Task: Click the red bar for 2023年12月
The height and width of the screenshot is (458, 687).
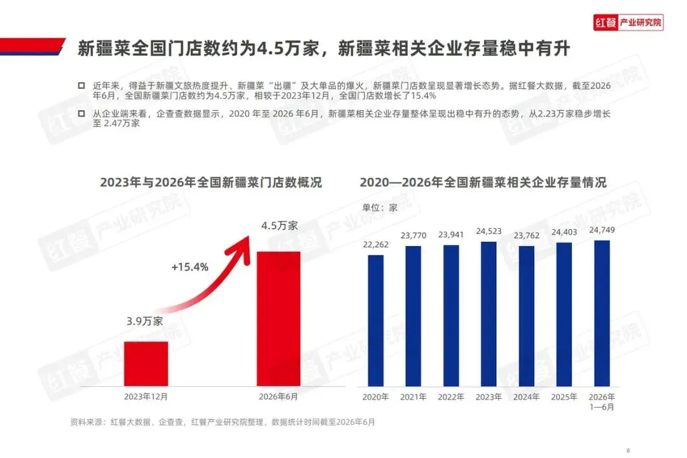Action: click(x=146, y=364)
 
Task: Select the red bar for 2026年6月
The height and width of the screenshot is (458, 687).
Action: click(x=279, y=319)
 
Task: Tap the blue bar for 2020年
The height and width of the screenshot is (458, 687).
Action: click(x=375, y=321)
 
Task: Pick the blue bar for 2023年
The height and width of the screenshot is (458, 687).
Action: click(x=489, y=314)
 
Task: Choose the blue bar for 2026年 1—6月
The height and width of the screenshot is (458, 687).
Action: click(x=602, y=314)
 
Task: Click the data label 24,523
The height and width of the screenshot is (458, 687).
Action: click(x=489, y=231)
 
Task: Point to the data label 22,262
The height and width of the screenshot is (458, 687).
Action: click(x=375, y=244)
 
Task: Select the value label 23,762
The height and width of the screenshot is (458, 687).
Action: click(x=526, y=235)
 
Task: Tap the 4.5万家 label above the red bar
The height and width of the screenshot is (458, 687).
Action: click(x=279, y=226)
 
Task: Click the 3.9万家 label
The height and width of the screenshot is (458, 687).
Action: click(x=144, y=321)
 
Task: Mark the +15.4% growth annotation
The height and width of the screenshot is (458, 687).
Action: click(x=190, y=267)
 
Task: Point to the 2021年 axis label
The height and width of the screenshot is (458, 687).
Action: click(x=413, y=397)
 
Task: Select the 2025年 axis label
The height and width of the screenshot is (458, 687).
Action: click(x=564, y=397)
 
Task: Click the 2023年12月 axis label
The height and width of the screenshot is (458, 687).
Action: click(x=146, y=397)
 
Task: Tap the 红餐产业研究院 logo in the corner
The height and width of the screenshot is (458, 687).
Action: click(x=628, y=22)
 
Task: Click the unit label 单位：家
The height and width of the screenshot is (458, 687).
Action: click(x=380, y=208)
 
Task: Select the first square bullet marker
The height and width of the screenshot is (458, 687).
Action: click(x=81, y=85)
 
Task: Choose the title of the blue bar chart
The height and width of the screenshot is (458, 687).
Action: click(x=483, y=183)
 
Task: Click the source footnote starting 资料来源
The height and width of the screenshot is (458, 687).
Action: click(x=223, y=422)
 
